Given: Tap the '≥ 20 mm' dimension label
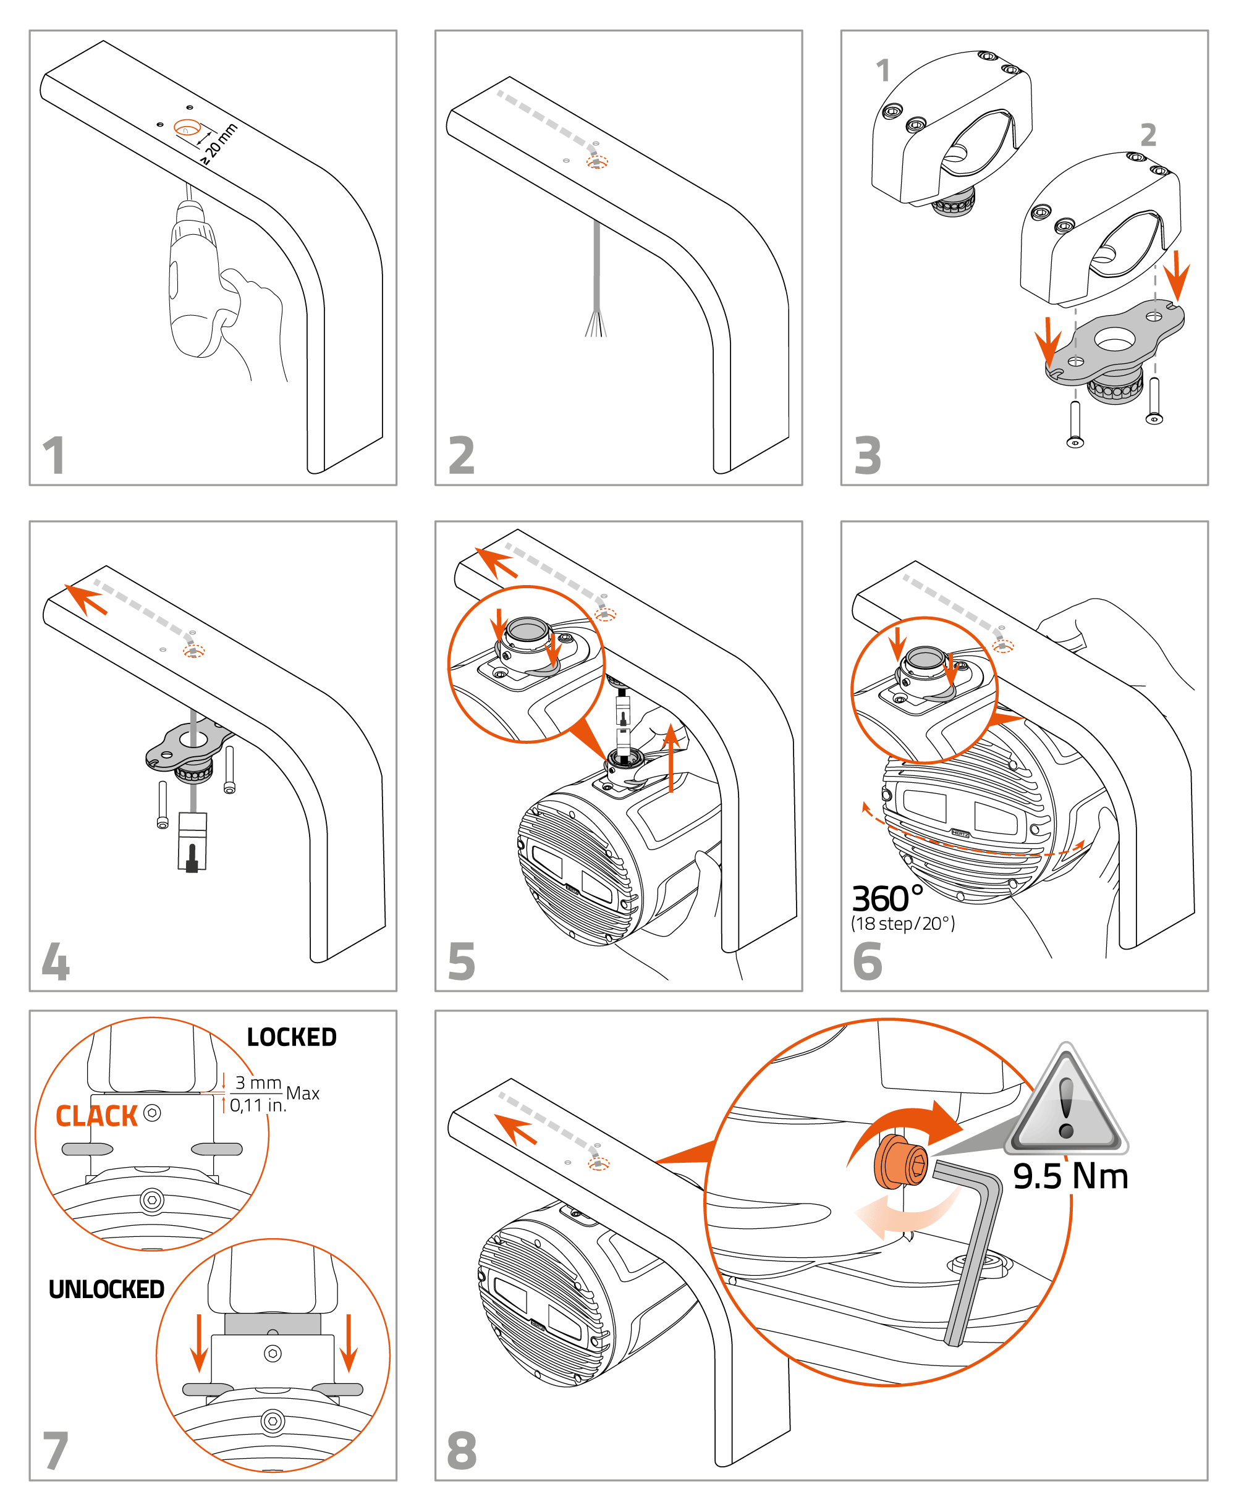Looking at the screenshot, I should (219, 143).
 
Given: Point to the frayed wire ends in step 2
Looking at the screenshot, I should (596, 323).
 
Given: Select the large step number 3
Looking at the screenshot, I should (867, 455).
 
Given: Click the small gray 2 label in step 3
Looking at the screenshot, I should (1148, 135).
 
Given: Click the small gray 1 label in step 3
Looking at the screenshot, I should (883, 70).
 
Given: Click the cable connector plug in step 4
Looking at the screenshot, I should (192, 842).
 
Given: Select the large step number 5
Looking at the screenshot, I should (462, 961).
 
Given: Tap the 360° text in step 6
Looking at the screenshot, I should (887, 899).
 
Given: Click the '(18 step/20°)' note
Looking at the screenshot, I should (903, 924).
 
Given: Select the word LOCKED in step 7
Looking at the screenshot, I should (291, 1037).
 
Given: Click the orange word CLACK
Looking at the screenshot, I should (96, 1116).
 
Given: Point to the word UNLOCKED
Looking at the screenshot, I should (106, 1289).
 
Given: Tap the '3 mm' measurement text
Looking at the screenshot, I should (258, 1082).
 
